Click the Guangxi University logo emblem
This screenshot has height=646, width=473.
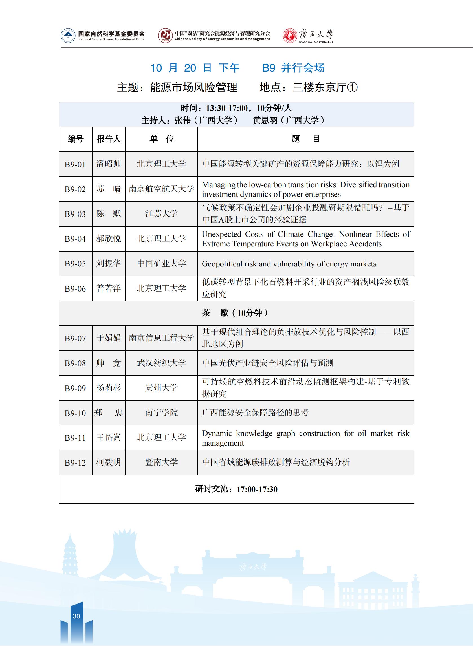coord(290,36)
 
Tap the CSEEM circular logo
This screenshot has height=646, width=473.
coord(165,36)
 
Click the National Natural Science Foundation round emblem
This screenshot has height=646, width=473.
coord(68,36)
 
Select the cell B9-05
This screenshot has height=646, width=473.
coord(75,264)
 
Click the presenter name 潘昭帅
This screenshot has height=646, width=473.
coord(109,164)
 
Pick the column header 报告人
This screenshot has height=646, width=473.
coord(109,139)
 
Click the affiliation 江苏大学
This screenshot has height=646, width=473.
coord(161,213)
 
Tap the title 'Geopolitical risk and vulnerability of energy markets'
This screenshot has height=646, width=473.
coord(289,264)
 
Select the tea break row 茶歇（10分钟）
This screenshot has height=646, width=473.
coord(236,313)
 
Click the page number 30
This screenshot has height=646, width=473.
coord(76,616)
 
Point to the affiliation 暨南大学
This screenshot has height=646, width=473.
coord(161,462)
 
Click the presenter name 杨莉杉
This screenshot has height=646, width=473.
coord(109,388)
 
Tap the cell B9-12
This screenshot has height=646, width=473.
coord(75,462)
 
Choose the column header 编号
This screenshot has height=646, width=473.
coord(75,139)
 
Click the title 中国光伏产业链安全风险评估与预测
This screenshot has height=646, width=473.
coord(268,363)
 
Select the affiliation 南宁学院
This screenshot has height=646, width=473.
coord(161,413)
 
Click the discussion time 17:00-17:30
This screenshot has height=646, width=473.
coord(257,489)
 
